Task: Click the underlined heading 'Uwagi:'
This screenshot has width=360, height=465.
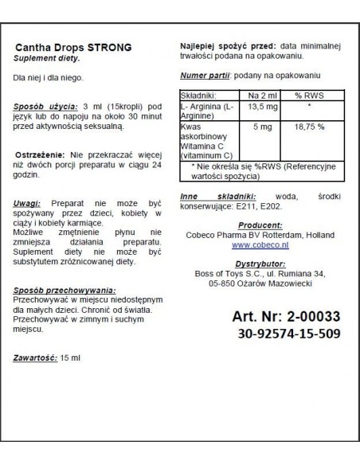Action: [28, 202]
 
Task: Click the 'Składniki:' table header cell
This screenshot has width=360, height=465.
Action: [202, 94]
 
